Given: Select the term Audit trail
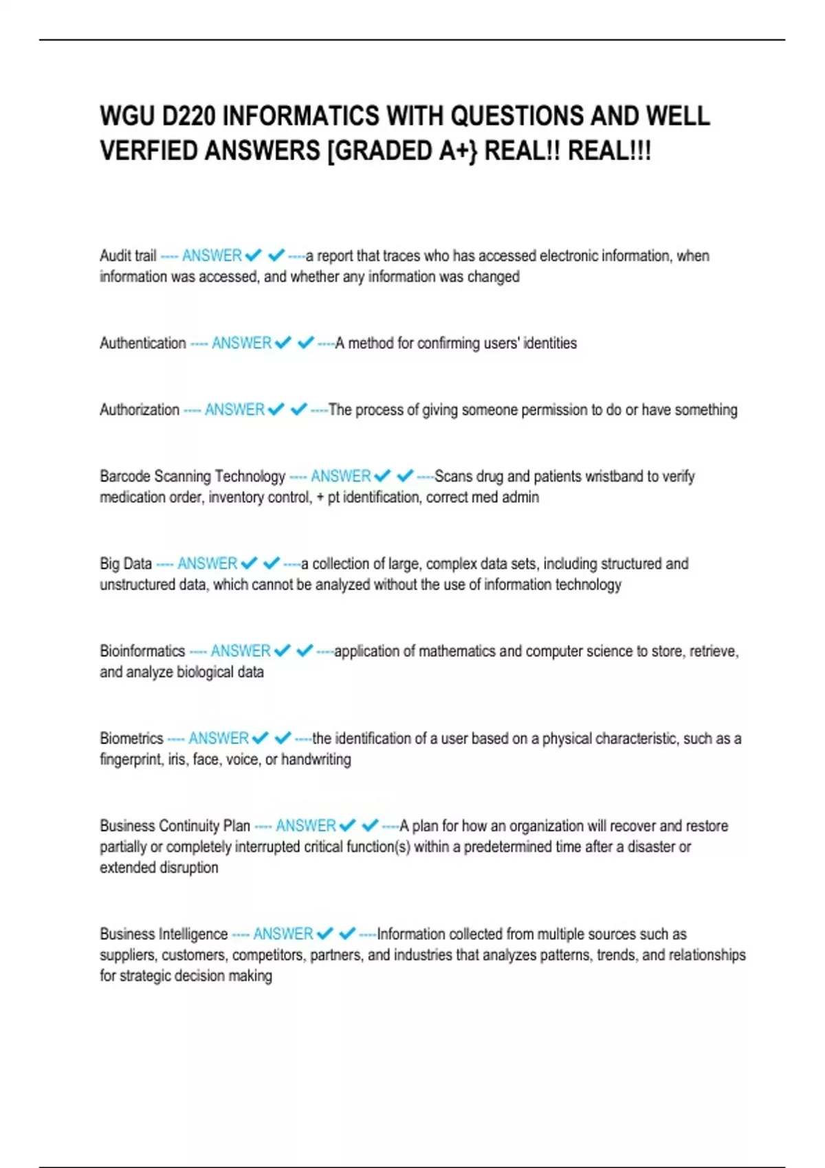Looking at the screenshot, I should pyautogui.click(x=128, y=256).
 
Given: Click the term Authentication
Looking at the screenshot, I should pyautogui.click(x=142, y=343).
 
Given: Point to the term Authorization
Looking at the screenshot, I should pyautogui.click(x=139, y=409).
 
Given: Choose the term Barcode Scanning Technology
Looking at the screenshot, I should pyautogui.click(x=192, y=476).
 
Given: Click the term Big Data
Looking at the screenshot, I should pyautogui.click(x=125, y=563).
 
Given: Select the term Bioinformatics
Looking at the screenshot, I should pyautogui.click(x=142, y=651).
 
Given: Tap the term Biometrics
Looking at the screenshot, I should pyautogui.click(x=131, y=739).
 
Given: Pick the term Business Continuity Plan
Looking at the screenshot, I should pyautogui.click(x=175, y=826).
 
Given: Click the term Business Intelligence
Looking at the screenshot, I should pyautogui.click(x=163, y=934).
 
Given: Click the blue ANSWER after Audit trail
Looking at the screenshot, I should pyautogui.click(x=212, y=256).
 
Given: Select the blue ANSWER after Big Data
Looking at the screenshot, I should pyautogui.click(x=207, y=563).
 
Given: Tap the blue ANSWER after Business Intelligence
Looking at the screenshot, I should pyautogui.click(x=283, y=934).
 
